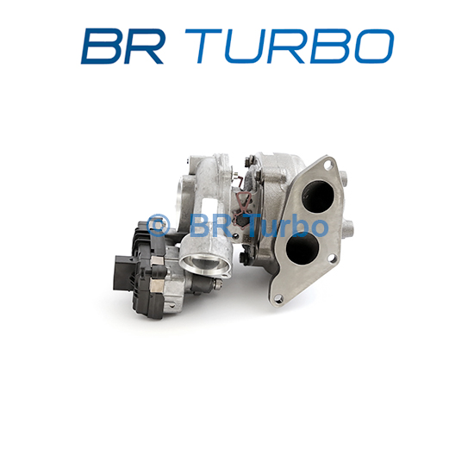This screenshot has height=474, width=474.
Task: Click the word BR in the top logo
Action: [122, 47]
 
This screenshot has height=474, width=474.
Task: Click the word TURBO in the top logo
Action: [290, 47]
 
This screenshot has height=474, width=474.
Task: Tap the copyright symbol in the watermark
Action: [159, 226]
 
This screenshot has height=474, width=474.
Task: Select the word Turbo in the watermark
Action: [288, 225]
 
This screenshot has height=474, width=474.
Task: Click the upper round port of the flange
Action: [317, 196]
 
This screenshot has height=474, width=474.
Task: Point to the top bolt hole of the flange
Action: [327, 165]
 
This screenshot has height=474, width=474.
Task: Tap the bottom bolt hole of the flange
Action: [278, 299]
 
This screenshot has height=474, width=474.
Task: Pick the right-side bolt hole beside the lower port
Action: [332, 258]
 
